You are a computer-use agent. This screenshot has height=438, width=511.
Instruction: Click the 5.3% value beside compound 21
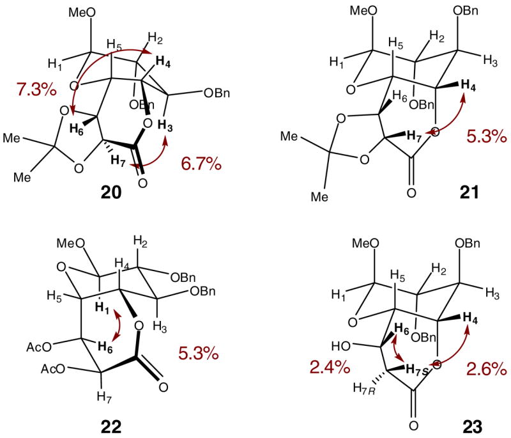[484, 136]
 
